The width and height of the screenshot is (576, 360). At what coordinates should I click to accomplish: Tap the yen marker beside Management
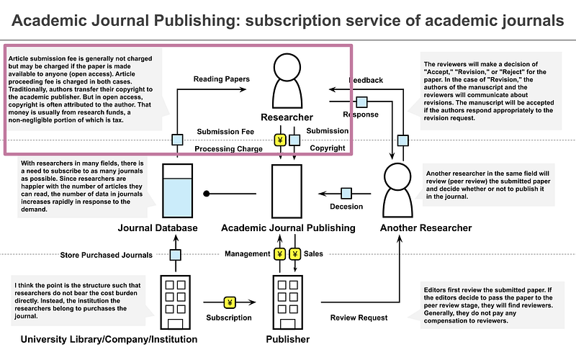(279, 253)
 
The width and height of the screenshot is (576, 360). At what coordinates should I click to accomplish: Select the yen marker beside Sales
(295, 253)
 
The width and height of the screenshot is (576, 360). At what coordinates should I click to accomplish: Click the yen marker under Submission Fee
(279, 140)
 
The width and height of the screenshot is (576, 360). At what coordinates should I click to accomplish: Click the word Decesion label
(346, 207)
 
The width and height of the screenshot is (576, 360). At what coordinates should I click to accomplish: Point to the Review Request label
(359, 318)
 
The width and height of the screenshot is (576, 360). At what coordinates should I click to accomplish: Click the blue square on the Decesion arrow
(346, 193)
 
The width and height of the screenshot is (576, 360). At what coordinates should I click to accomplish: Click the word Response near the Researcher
(361, 114)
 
